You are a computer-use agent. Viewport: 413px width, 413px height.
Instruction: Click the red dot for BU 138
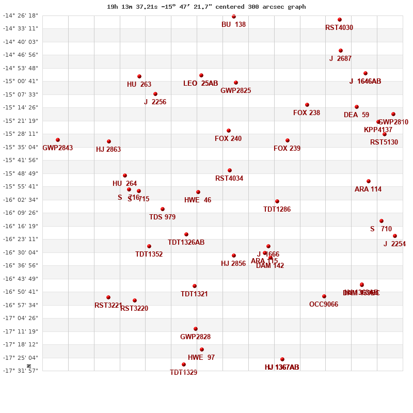234,17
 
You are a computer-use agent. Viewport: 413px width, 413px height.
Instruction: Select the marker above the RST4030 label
340,20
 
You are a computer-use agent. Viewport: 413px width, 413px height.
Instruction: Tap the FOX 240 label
228,138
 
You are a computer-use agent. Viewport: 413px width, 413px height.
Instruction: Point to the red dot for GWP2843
58,140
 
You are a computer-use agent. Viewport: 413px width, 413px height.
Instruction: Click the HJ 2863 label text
108,150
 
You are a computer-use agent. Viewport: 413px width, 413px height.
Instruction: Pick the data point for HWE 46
198,192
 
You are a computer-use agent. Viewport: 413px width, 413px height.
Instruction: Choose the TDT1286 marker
277,201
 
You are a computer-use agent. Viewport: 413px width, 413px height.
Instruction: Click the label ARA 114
368,189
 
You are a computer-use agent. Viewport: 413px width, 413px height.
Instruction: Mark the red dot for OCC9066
324,296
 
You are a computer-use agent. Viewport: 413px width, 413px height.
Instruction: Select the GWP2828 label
195,337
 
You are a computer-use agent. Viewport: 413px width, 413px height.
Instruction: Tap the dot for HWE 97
202,350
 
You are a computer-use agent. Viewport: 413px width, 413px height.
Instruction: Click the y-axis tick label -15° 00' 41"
21,81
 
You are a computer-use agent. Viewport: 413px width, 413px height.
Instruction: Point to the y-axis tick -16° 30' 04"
21,252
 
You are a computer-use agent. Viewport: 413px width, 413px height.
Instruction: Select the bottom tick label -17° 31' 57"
21,371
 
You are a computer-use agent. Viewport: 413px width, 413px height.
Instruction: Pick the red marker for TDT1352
149,246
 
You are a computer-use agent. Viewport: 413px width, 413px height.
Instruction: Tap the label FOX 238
307,113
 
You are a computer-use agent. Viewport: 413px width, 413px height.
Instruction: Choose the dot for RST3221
108,297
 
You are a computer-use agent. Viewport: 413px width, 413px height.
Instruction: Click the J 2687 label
340,59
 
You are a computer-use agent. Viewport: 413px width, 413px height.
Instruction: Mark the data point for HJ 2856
234,256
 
